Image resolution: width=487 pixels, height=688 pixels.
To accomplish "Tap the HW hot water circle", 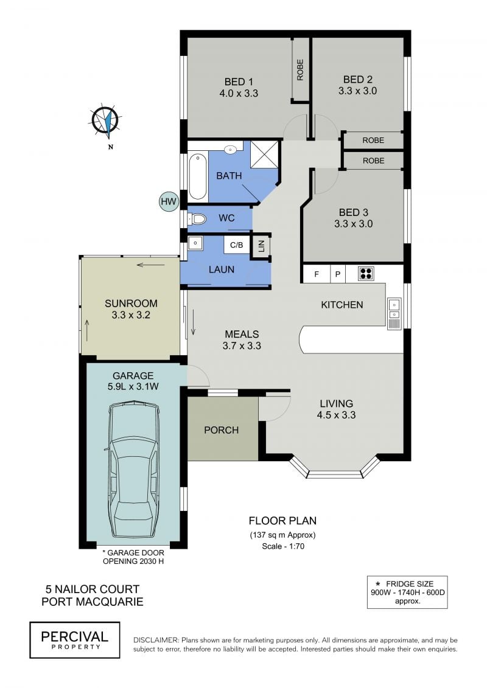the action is tap(168, 202).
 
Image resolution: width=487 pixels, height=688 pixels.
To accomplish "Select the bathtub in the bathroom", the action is tap(197, 176).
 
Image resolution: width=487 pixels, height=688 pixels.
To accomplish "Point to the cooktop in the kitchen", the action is tap(366, 274).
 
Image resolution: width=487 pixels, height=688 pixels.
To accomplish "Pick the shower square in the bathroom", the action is tap(264, 154).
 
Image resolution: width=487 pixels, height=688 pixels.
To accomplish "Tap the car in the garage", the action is tap(133, 469).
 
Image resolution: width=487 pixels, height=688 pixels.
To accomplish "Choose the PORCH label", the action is tap(222, 430).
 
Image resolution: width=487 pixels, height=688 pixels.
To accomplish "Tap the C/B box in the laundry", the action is tap(237, 245).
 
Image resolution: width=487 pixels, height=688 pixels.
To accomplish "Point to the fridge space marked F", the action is tap(316, 274).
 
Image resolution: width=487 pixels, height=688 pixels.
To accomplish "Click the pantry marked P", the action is tap(338, 274).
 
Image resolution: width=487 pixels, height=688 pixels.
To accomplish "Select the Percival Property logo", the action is tap(75, 640).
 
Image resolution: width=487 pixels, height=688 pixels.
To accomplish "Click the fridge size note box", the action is tap(407, 592).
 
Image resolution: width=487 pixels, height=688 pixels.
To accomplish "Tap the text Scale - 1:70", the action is tap(283, 546).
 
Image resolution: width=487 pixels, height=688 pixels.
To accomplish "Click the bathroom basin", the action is tap(231, 150).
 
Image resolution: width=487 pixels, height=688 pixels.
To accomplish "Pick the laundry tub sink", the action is tap(196, 243).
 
